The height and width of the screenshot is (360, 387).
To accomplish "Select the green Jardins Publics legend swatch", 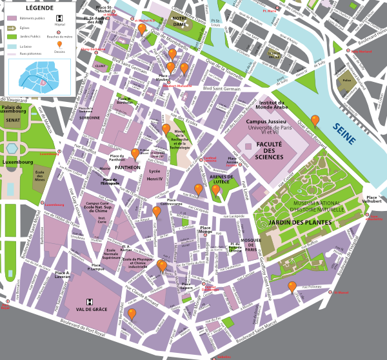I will pyautogui.click(x=11, y=37).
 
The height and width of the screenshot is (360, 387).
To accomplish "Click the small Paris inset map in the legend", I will pyautogui.click(x=37, y=77).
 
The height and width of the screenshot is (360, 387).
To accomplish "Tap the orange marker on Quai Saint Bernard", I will pyautogui.click(x=315, y=120).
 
